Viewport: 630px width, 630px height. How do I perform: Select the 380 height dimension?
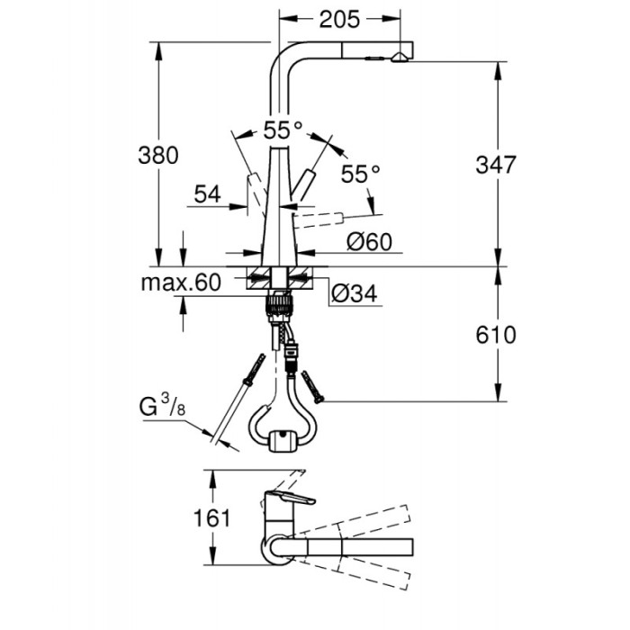(x=159, y=154)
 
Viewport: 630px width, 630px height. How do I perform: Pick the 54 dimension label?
(x=207, y=193)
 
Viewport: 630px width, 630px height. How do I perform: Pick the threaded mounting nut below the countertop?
(x=280, y=307)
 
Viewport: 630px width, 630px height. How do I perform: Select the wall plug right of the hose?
(x=312, y=386)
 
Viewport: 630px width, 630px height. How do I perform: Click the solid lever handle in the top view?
(x=290, y=500)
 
